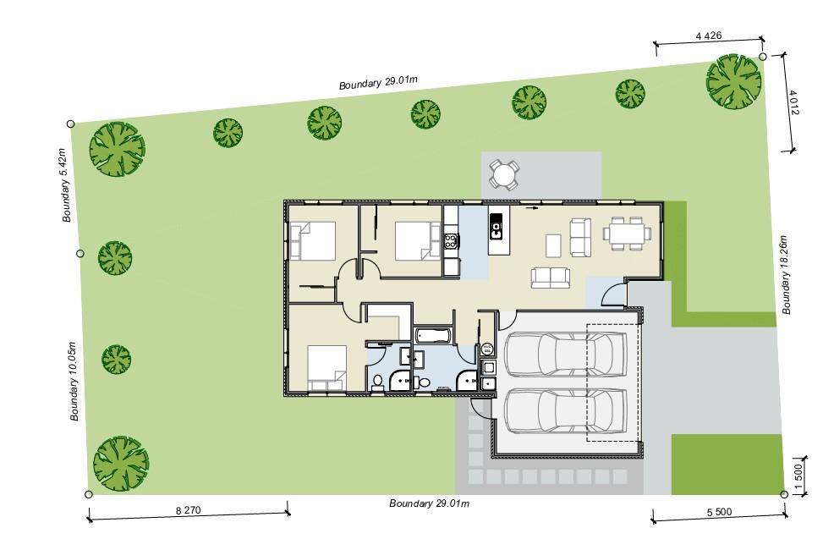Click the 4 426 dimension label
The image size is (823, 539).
point(709,36)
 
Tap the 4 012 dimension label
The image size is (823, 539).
point(793,102)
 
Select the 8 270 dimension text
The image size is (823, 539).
point(188,509)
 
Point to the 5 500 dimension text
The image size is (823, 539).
point(719,512)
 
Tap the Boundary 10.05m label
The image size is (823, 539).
point(74,382)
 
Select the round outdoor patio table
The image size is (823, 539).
point(504,175)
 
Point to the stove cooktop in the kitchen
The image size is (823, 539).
point(451,241)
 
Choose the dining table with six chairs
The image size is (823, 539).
point(627,233)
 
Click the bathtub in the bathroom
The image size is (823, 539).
point(433,336)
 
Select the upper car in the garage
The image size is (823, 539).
point(565,355)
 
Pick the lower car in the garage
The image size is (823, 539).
point(565,411)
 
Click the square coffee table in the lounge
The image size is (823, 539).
point(553,245)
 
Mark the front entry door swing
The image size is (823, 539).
point(614,293)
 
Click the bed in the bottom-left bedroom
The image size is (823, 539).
point(326,368)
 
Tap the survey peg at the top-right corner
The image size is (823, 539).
point(763,56)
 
